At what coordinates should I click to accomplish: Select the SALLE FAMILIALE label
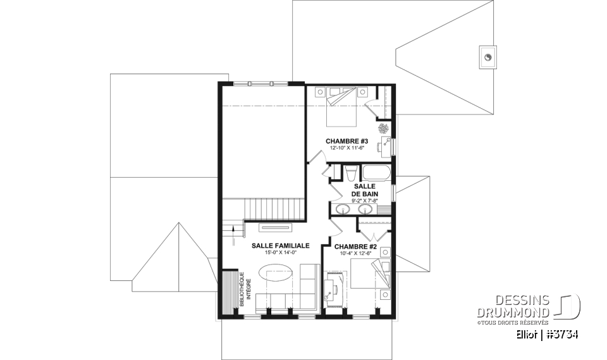280,245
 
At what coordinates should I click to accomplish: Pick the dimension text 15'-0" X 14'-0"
280,252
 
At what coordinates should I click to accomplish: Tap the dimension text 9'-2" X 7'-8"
364,201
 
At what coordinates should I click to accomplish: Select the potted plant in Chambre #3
384,129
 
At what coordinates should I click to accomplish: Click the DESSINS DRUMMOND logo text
514,306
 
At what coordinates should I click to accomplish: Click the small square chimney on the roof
488,56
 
